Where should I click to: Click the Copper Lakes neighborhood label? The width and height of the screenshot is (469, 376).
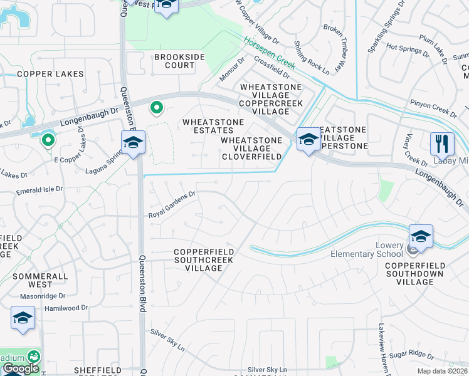tap(50, 74)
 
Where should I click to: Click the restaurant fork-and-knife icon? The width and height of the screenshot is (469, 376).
tap(442, 144)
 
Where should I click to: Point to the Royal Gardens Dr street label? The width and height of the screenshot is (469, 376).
tap(172, 204)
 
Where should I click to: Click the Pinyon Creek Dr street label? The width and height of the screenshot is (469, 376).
tap(433, 107)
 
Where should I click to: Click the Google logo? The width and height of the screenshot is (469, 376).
tap(21, 368)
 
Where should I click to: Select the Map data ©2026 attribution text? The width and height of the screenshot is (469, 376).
tap(442, 371)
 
